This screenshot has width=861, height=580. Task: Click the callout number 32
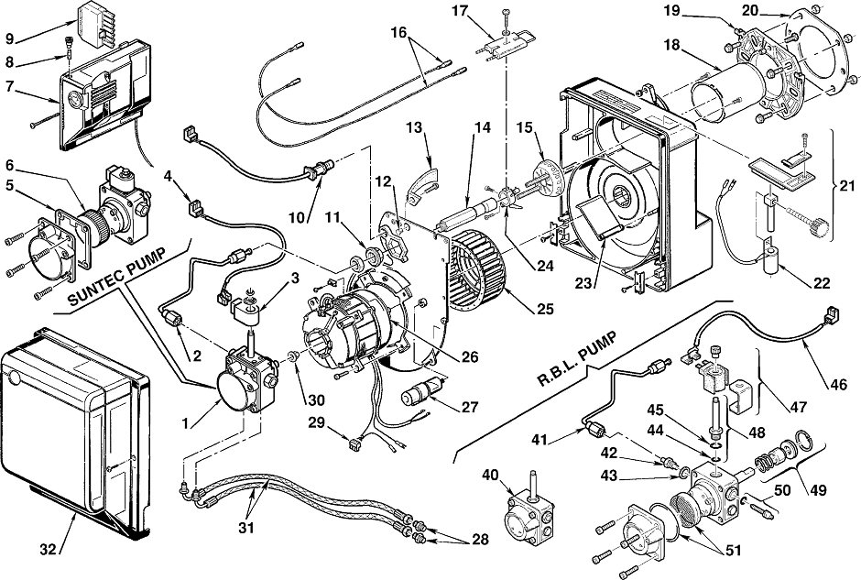tap(49, 548)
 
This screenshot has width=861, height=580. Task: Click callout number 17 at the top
tap(462, 10)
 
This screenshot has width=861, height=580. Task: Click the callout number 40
tap(491, 474)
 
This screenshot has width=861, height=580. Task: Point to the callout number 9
tap(10, 38)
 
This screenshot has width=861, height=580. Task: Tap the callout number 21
tap(847, 186)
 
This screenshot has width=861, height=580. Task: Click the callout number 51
tap(733, 550)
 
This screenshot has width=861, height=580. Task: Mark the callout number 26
tap(470, 357)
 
